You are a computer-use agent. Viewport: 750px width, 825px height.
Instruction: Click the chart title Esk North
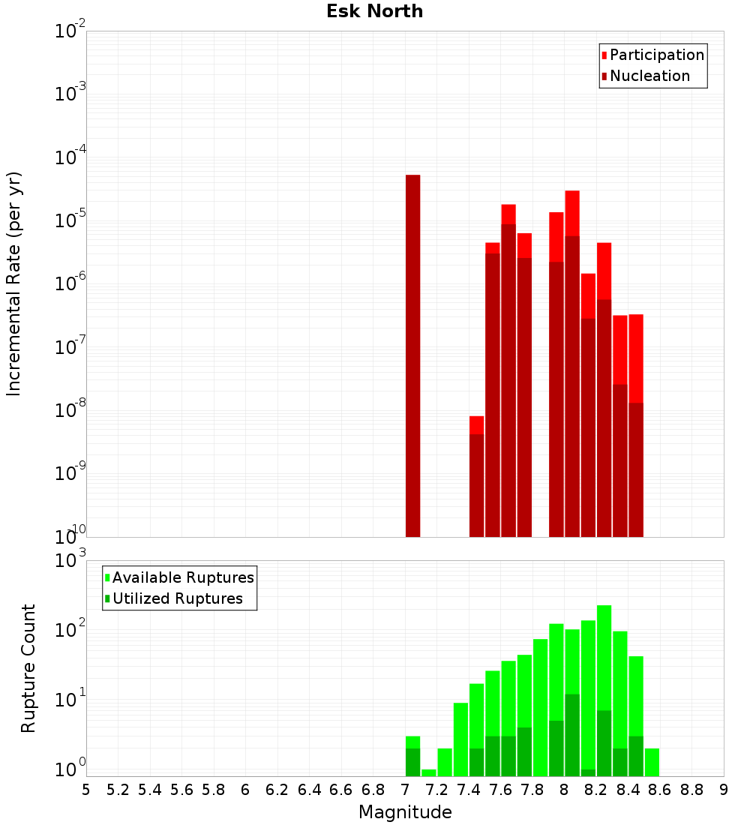374,11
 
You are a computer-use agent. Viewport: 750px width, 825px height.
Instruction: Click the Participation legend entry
657,55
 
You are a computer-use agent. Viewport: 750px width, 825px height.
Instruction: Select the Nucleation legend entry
649,76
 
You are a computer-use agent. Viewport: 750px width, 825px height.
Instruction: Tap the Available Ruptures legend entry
183,577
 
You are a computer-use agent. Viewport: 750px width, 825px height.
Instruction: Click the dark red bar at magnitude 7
412,355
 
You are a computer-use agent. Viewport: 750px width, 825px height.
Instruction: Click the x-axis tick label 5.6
181,790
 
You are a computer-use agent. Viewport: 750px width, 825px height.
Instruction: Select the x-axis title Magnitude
405,812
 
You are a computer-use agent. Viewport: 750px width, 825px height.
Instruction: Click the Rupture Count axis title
28,667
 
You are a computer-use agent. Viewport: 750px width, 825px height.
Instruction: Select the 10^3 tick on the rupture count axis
70,561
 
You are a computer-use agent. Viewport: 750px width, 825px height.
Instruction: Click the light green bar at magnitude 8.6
652,762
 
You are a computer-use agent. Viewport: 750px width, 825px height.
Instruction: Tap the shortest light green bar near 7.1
429,772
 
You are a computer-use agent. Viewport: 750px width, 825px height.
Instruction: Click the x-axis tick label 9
724,790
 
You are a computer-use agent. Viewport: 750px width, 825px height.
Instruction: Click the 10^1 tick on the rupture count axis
70,700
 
